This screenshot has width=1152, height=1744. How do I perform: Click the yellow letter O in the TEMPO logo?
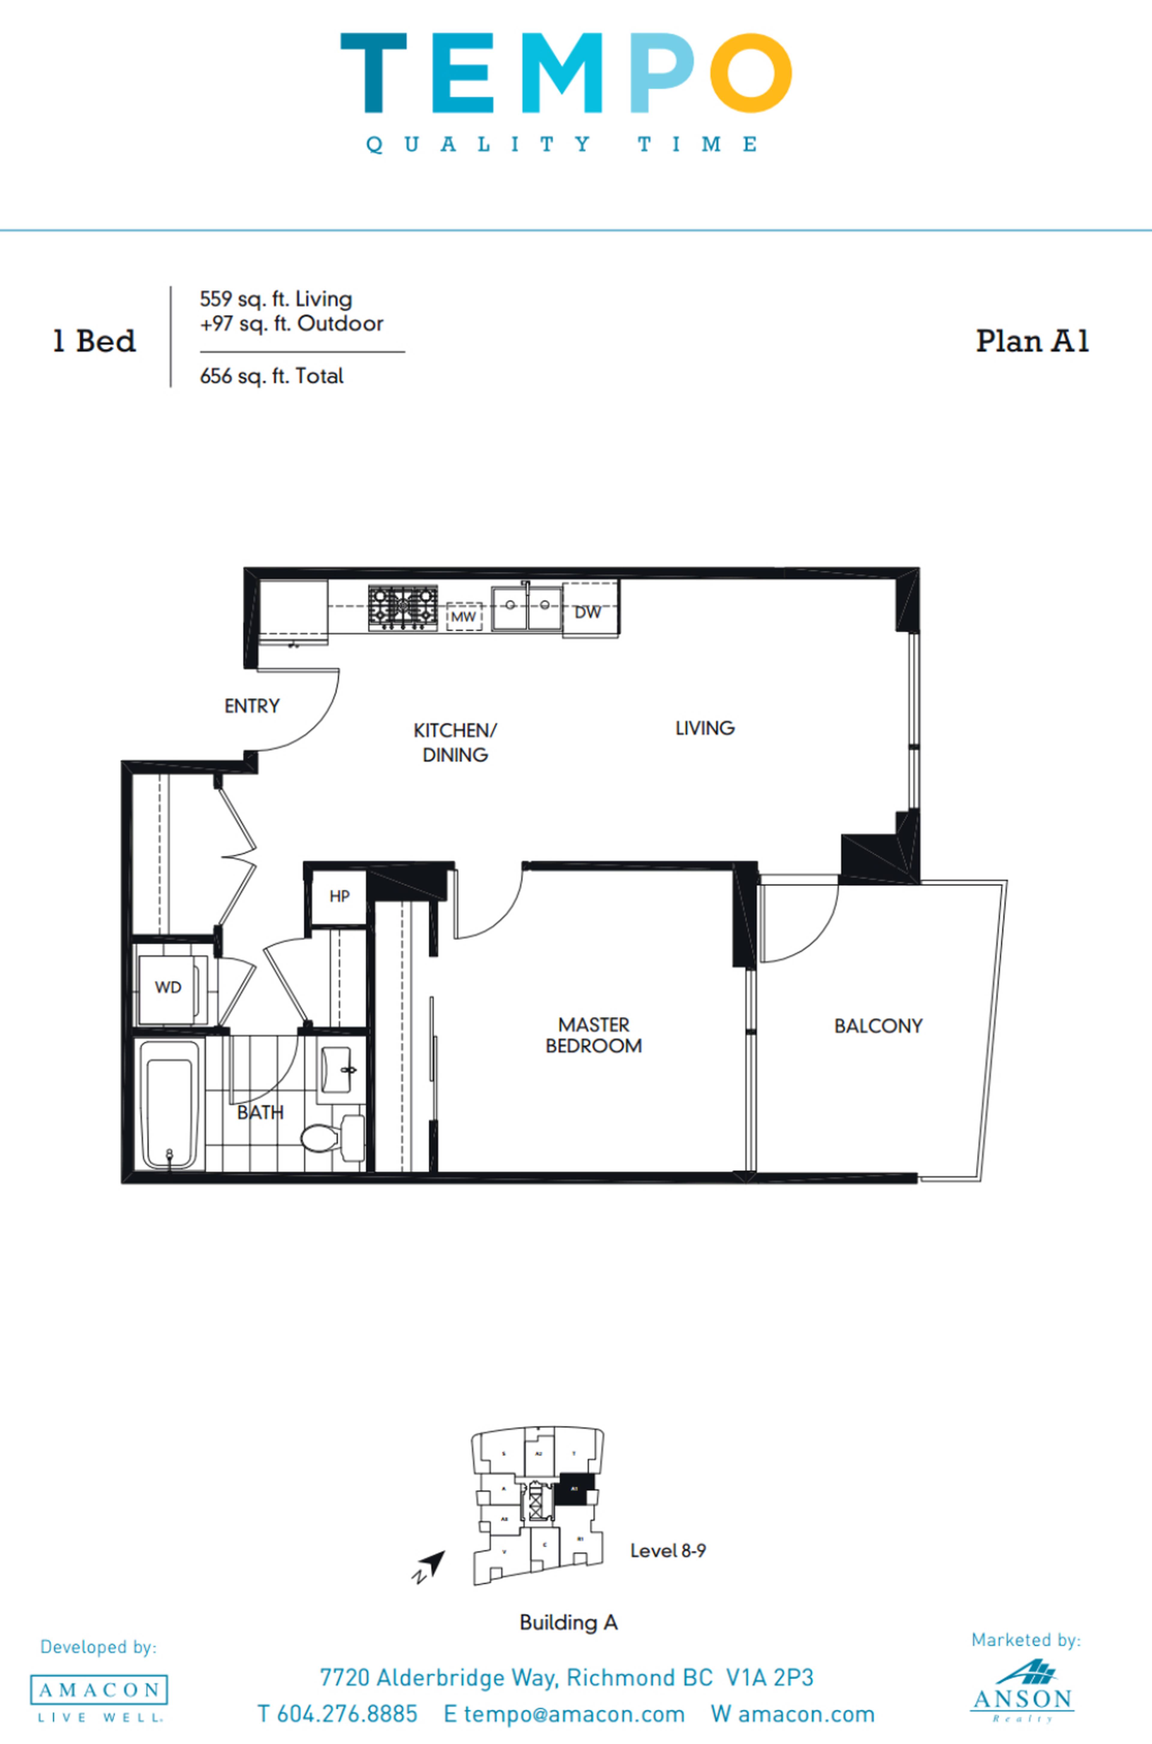[x=750, y=73]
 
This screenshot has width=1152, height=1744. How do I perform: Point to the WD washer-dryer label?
[x=168, y=987]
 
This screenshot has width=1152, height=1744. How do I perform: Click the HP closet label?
[x=339, y=896]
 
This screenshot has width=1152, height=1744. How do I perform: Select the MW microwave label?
[x=463, y=616]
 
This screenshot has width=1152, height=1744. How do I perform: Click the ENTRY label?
[x=252, y=706]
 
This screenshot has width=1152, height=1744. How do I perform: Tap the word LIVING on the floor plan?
[x=705, y=728]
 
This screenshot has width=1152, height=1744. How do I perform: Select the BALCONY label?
[x=878, y=1026]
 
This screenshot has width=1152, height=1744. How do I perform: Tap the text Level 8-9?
[x=668, y=1551]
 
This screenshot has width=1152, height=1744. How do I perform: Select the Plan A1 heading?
[x=1031, y=341]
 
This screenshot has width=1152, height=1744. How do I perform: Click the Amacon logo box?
[x=98, y=1690]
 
